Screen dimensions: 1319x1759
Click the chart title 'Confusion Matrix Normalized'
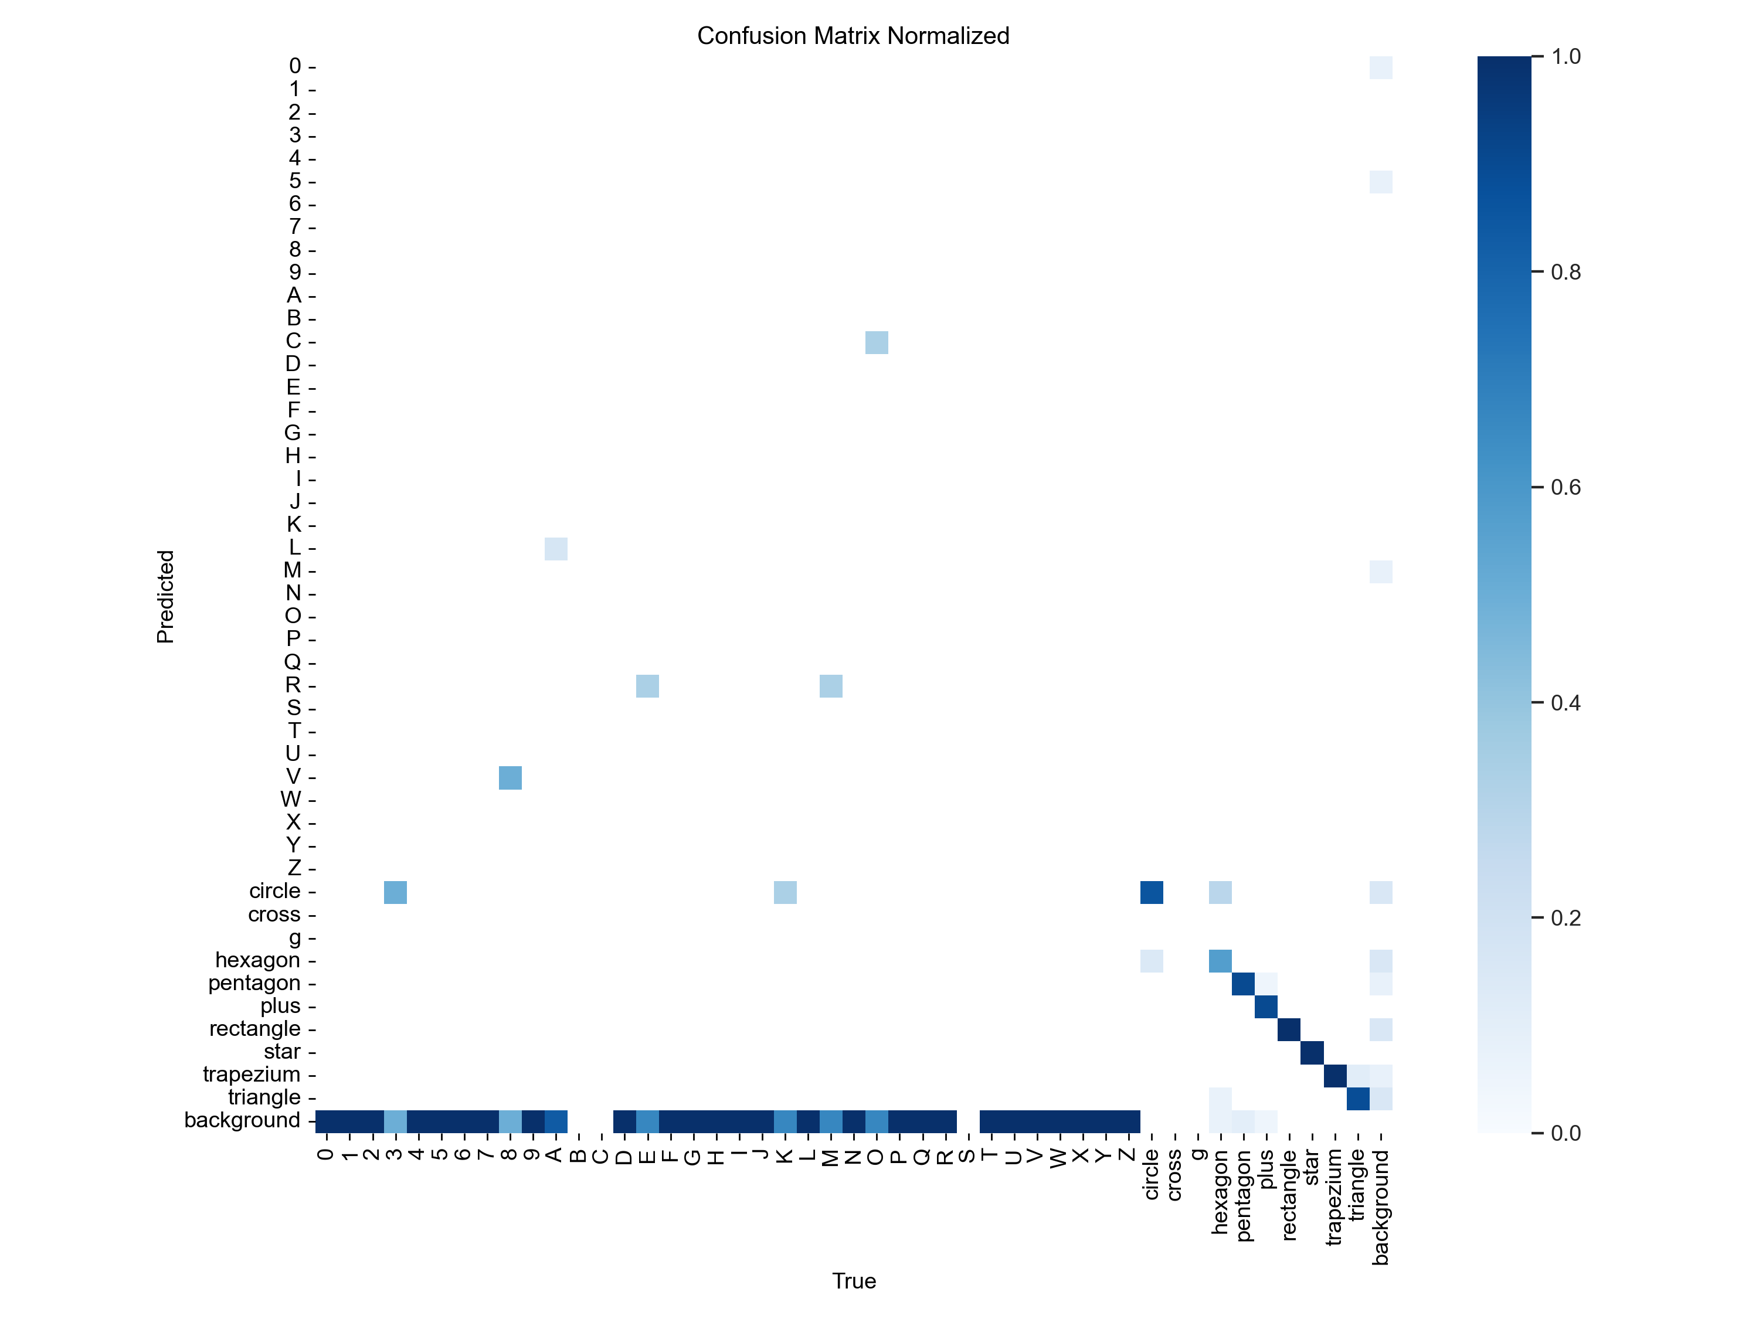coord(853,36)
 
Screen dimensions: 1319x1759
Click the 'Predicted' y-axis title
coord(165,596)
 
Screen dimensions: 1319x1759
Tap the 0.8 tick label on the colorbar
coord(1565,273)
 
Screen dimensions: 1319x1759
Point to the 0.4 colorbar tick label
coord(1565,703)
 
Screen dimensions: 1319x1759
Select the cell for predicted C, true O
coord(877,343)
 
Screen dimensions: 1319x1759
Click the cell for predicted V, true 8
coord(510,777)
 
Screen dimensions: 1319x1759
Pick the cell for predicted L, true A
coord(556,549)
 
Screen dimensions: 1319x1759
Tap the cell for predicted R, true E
coord(647,686)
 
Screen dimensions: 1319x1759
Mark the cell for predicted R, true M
coord(831,686)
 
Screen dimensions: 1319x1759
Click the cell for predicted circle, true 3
coord(395,892)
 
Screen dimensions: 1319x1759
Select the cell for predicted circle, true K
coord(785,892)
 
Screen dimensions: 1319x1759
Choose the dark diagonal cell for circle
coord(1152,892)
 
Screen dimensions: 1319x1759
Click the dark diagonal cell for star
coord(1312,1053)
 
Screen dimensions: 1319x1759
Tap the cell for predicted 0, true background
coord(1380,67)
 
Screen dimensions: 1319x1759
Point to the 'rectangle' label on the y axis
coord(254,1029)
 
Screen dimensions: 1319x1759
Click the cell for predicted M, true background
coord(1380,572)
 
